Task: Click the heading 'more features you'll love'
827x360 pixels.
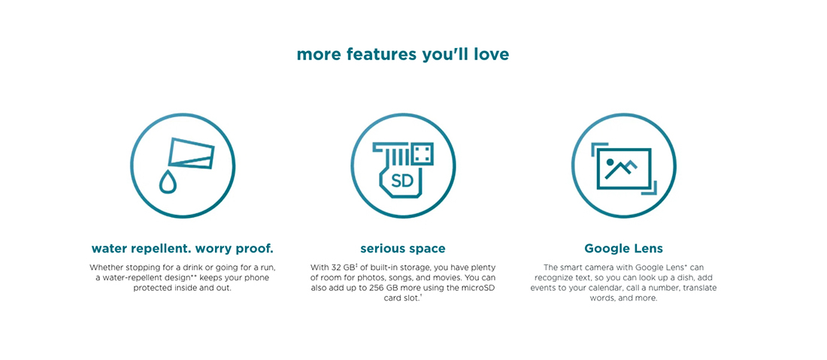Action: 403,55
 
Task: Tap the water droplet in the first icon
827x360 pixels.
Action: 167,181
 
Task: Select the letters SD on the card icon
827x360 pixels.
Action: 402,182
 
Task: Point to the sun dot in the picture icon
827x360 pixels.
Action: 610,162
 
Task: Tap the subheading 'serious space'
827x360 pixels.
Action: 403,248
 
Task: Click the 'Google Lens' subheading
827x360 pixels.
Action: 623,248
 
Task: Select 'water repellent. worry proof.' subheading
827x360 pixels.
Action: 183,248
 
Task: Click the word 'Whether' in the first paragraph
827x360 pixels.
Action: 105,268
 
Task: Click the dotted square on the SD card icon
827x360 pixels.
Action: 423,153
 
